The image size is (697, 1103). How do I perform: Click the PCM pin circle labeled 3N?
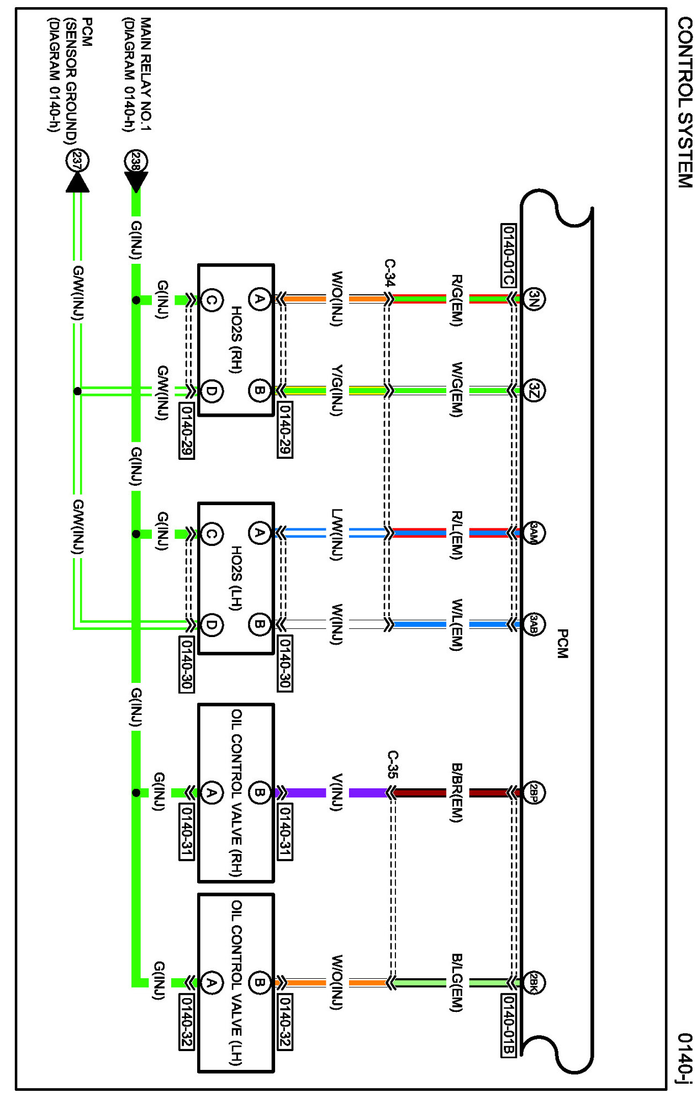pyautogui.click(x=534, y=299)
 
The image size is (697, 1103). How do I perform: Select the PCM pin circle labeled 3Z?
pyautogui.click(x=534, y=390)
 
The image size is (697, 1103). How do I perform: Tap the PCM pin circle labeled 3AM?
pyautogui.click(x=534, y=533)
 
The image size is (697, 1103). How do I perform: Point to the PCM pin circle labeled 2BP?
pyautogui.click(x=534, y=793)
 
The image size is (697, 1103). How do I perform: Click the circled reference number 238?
pyautogui.click(x=136, y=161)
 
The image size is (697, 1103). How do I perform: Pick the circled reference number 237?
pyautogui.click(x=77, y=161)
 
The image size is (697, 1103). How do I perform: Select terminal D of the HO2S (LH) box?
pyautogui.click(x=211, y=624)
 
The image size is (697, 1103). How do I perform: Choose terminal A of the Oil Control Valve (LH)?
pyautogui.click(x=211, y=983)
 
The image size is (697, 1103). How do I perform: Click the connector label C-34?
pyautogui.click(x=389, y=272)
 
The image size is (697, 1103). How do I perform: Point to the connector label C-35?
pyautogui.click(x=392, y=764)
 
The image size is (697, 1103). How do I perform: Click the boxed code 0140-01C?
pyautogui.click(x=508, y=255)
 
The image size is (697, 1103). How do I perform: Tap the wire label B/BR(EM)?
pyautogui.click(x=457, y=793)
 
